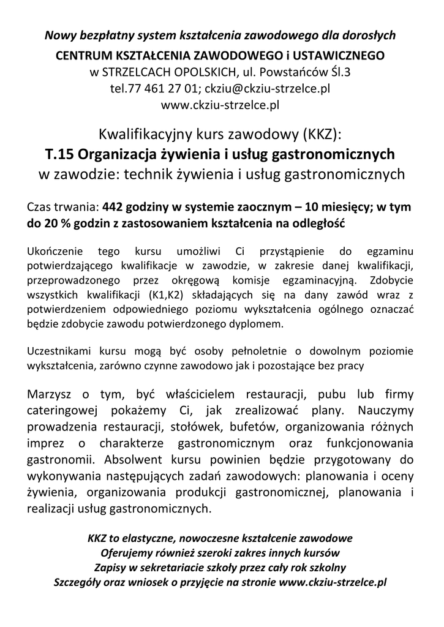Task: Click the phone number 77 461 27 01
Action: click(162, 88)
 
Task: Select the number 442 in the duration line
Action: click(116, 207)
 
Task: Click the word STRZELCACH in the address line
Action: click(142, 72)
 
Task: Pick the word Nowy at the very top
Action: click(61, 35)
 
